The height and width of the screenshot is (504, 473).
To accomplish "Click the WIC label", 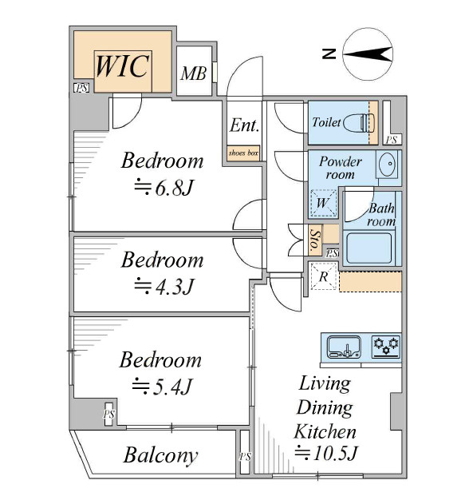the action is [x=123, y=66].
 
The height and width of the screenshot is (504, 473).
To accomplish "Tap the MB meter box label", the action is [x=194, y=73].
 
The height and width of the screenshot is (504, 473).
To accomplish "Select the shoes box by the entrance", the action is [x=243, y=153].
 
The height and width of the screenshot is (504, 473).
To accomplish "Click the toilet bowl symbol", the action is [x=359, y=122].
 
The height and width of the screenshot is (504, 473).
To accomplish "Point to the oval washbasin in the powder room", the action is [x=388, y=164].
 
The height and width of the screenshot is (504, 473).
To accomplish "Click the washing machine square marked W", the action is [x=323, y=203].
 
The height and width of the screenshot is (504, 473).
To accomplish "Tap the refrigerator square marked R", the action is [x=324, y=276].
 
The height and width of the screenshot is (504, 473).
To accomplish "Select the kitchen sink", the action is [x=344, y=347].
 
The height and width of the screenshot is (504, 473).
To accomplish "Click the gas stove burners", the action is [x=386, y=347].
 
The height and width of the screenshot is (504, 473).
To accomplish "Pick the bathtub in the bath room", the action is [x=369, y=248].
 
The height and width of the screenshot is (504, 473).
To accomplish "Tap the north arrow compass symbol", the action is [x=368, y=54].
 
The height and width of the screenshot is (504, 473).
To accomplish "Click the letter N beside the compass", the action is [x=329, y=54].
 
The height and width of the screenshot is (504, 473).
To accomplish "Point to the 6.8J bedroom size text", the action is [x=164, y=188].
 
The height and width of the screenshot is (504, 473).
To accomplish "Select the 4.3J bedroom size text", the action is [x=164, y=286].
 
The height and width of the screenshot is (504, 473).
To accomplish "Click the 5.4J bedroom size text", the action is [x=163, y=386].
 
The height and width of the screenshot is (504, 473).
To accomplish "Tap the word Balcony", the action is [x=160, y=456].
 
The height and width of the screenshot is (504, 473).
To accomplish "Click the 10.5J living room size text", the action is [x=325, y=453].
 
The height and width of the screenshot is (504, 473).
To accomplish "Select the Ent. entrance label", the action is [x=244, y=125].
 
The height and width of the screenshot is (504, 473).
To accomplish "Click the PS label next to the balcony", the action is [x=245, y=456].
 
